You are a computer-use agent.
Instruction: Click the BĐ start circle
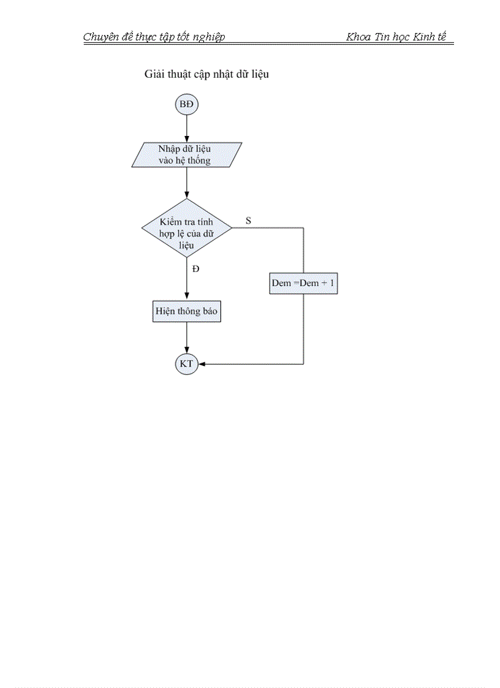[x=186, y=105]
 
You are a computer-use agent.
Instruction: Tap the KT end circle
[x=186, y=364]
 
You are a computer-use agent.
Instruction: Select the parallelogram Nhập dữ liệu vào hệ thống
[x=186, y=154]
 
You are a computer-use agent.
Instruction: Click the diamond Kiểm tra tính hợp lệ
[x=186, y=228]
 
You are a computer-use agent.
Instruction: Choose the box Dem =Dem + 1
[x=303, y=284]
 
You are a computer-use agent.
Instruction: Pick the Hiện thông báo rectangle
[x=186, y=311]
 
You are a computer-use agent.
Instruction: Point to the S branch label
[x=248, y=220]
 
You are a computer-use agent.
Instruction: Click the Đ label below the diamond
[x=195, y=269]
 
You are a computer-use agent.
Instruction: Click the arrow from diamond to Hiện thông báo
[x=186, y=279]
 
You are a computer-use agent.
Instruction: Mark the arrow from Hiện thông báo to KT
[x=186, y=338]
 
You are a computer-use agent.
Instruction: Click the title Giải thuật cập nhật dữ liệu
[x=206, y=75]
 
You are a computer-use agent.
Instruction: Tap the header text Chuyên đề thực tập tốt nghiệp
[x=154, y=37]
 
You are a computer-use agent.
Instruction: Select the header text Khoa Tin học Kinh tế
[x=396, y=37]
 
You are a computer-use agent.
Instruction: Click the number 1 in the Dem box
[x=332, y=284]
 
